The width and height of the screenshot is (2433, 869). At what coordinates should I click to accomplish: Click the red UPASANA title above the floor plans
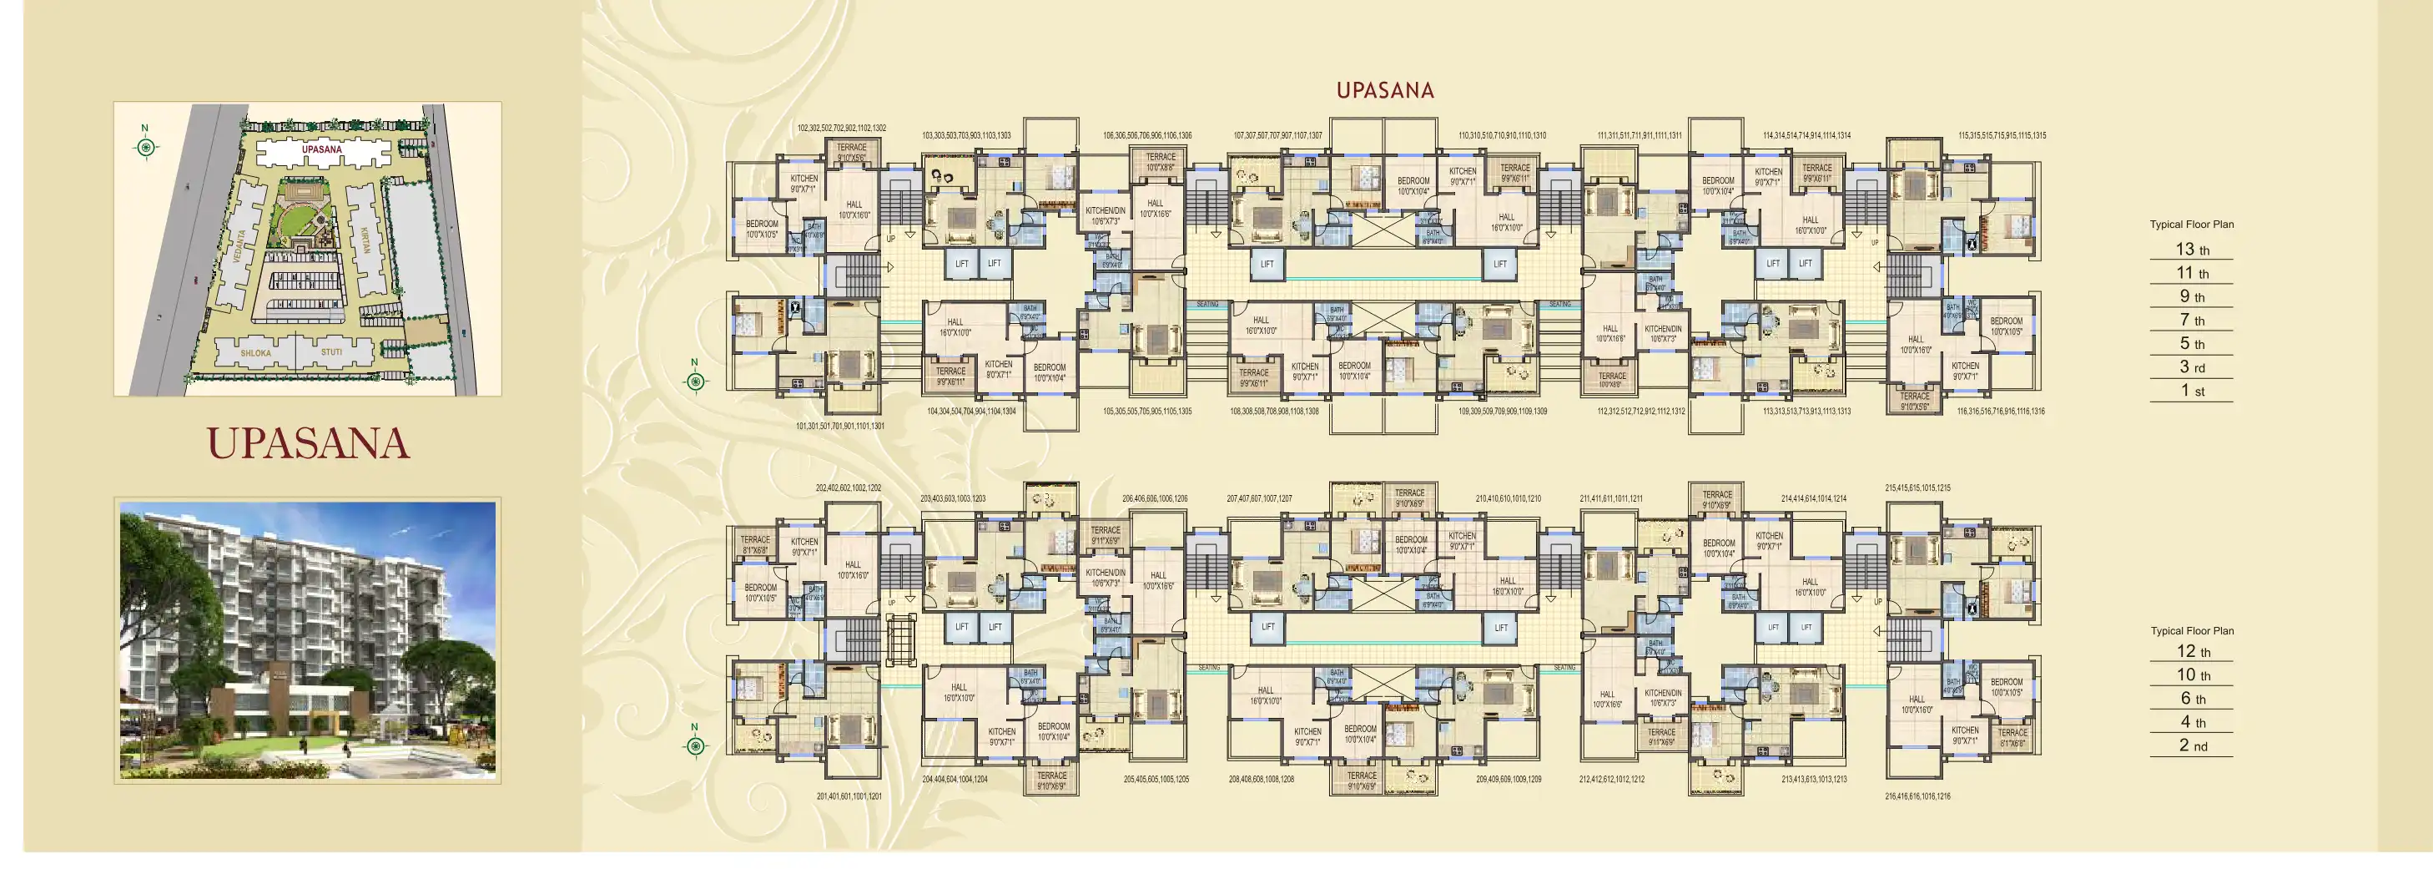tap(1384, 91)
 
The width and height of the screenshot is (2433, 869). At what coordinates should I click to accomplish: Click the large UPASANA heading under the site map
tap(308, 444)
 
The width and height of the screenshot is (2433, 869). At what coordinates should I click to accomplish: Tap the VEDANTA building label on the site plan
tap(240, 245)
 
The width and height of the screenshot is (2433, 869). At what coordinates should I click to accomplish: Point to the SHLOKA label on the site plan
tap(255, 353)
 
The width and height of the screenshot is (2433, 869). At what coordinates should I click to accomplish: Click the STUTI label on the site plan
tap(331, 351)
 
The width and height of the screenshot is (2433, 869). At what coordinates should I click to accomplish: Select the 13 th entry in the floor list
tap(2191, 250)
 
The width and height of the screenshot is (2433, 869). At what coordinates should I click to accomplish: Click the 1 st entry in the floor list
tap(2191, 391)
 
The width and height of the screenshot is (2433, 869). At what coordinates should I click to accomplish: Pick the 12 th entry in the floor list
tap(2192, 652)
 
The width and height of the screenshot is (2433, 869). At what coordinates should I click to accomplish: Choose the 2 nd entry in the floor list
tap(2192, 746)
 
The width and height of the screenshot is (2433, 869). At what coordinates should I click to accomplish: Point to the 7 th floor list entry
tap(2191, 321)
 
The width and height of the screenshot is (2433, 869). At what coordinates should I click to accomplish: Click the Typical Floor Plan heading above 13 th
tap(2191, 225)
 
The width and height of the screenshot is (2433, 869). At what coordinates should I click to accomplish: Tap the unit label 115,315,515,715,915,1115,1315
tap(2002, 136)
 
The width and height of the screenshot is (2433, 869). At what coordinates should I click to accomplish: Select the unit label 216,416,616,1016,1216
tap(1917, 796)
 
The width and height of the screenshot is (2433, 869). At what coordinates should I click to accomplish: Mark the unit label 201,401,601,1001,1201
tap(849, 796)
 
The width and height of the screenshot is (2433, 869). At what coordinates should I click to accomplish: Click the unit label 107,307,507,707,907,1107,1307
tap(1277, 136)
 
